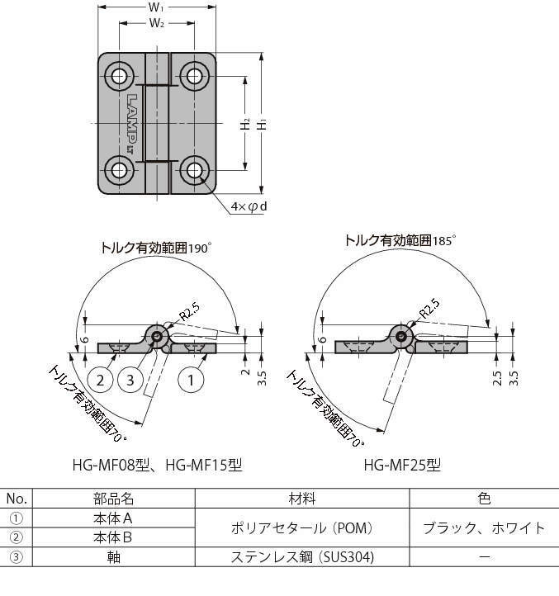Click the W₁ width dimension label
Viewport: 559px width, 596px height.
156,7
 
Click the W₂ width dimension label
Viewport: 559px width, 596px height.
157,23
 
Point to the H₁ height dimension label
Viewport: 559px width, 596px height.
261,124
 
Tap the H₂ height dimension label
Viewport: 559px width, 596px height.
245,124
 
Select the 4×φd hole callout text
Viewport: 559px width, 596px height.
249,206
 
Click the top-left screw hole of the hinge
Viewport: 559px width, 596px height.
119,76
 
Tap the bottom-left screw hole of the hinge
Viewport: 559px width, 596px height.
119,171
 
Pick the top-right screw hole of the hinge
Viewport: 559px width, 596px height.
194,76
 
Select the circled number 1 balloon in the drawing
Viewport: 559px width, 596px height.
191,380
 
